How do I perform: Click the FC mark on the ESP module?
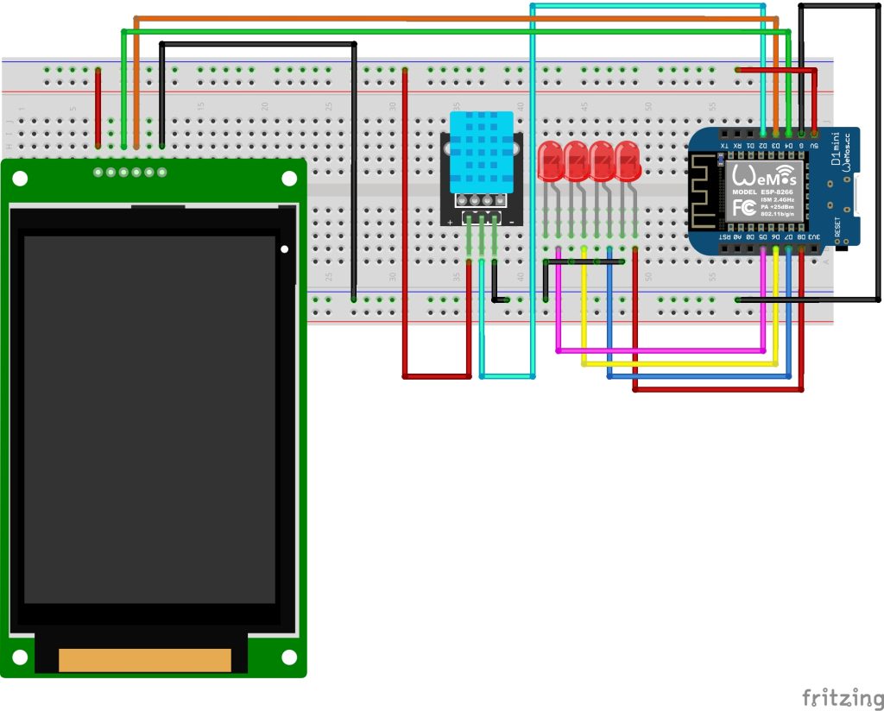tap(743, 208)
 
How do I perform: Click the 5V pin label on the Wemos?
tap(815, 146)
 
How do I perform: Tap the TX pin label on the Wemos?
tap(724, 146)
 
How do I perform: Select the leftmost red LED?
tap(550, 162)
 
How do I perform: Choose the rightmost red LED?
tap(628, 162)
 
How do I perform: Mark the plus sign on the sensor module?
tap(450, 221)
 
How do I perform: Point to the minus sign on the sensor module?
tap(513, 221)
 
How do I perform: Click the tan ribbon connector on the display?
tap(144, 660)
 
